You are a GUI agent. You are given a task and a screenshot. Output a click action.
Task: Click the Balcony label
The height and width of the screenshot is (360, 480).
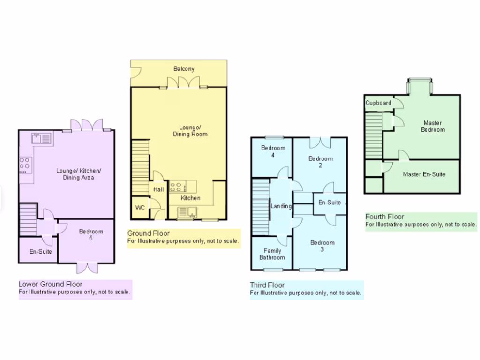(x=184, y=69)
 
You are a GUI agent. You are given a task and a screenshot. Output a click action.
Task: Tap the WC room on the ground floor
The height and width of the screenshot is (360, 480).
(x=140, y=208)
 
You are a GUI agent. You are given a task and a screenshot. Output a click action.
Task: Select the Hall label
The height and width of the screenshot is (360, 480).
(x=158, y=189)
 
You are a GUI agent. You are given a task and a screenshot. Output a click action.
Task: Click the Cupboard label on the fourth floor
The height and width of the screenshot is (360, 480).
(x=378, y=103)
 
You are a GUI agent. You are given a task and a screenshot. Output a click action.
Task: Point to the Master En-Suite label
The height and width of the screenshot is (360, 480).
(x=424, y=174)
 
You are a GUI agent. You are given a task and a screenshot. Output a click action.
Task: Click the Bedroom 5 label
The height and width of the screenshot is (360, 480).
(x=91, y=235)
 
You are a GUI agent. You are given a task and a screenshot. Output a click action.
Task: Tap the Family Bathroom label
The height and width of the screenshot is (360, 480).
(x=272, y=254)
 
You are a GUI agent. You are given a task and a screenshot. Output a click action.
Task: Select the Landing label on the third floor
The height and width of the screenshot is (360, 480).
(x=281, y=206)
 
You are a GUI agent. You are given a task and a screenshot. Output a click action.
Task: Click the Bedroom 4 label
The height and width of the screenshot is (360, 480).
(x=273, y=151)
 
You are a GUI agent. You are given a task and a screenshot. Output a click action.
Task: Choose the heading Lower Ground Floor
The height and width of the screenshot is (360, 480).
(x=51, y=284)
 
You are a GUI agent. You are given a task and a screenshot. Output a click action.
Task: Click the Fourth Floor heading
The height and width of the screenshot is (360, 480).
(x=384, y=217)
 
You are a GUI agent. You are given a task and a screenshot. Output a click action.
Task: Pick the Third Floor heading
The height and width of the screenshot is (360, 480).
(x=267, y=285)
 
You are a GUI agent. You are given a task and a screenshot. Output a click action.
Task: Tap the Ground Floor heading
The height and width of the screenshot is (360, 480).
(x=149, y=233)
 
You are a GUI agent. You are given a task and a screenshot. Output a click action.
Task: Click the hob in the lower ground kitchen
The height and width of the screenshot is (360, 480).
(x=25, y=164)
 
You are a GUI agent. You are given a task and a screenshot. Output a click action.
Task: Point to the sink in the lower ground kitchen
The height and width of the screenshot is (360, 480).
(x=43, y=138)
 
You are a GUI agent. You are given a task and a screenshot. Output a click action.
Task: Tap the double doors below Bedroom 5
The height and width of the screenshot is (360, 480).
(x=87, y=268)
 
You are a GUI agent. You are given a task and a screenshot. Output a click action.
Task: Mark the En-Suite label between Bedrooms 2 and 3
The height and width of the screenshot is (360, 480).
(x=330, y=202)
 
